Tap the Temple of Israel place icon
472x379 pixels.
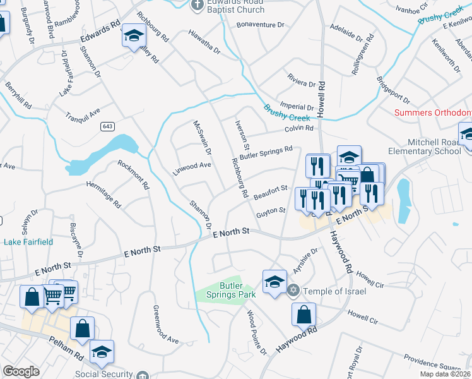coord(292,291)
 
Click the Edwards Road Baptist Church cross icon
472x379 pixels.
coord(197,4)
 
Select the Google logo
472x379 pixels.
coord(21,371)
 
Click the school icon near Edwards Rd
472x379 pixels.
coord(133,36)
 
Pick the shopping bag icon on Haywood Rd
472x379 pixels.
coord(304,315)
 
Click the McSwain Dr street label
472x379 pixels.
coord(203,138)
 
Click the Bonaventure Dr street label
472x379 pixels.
coord(261,25)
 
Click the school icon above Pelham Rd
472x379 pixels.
coord(102,352)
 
